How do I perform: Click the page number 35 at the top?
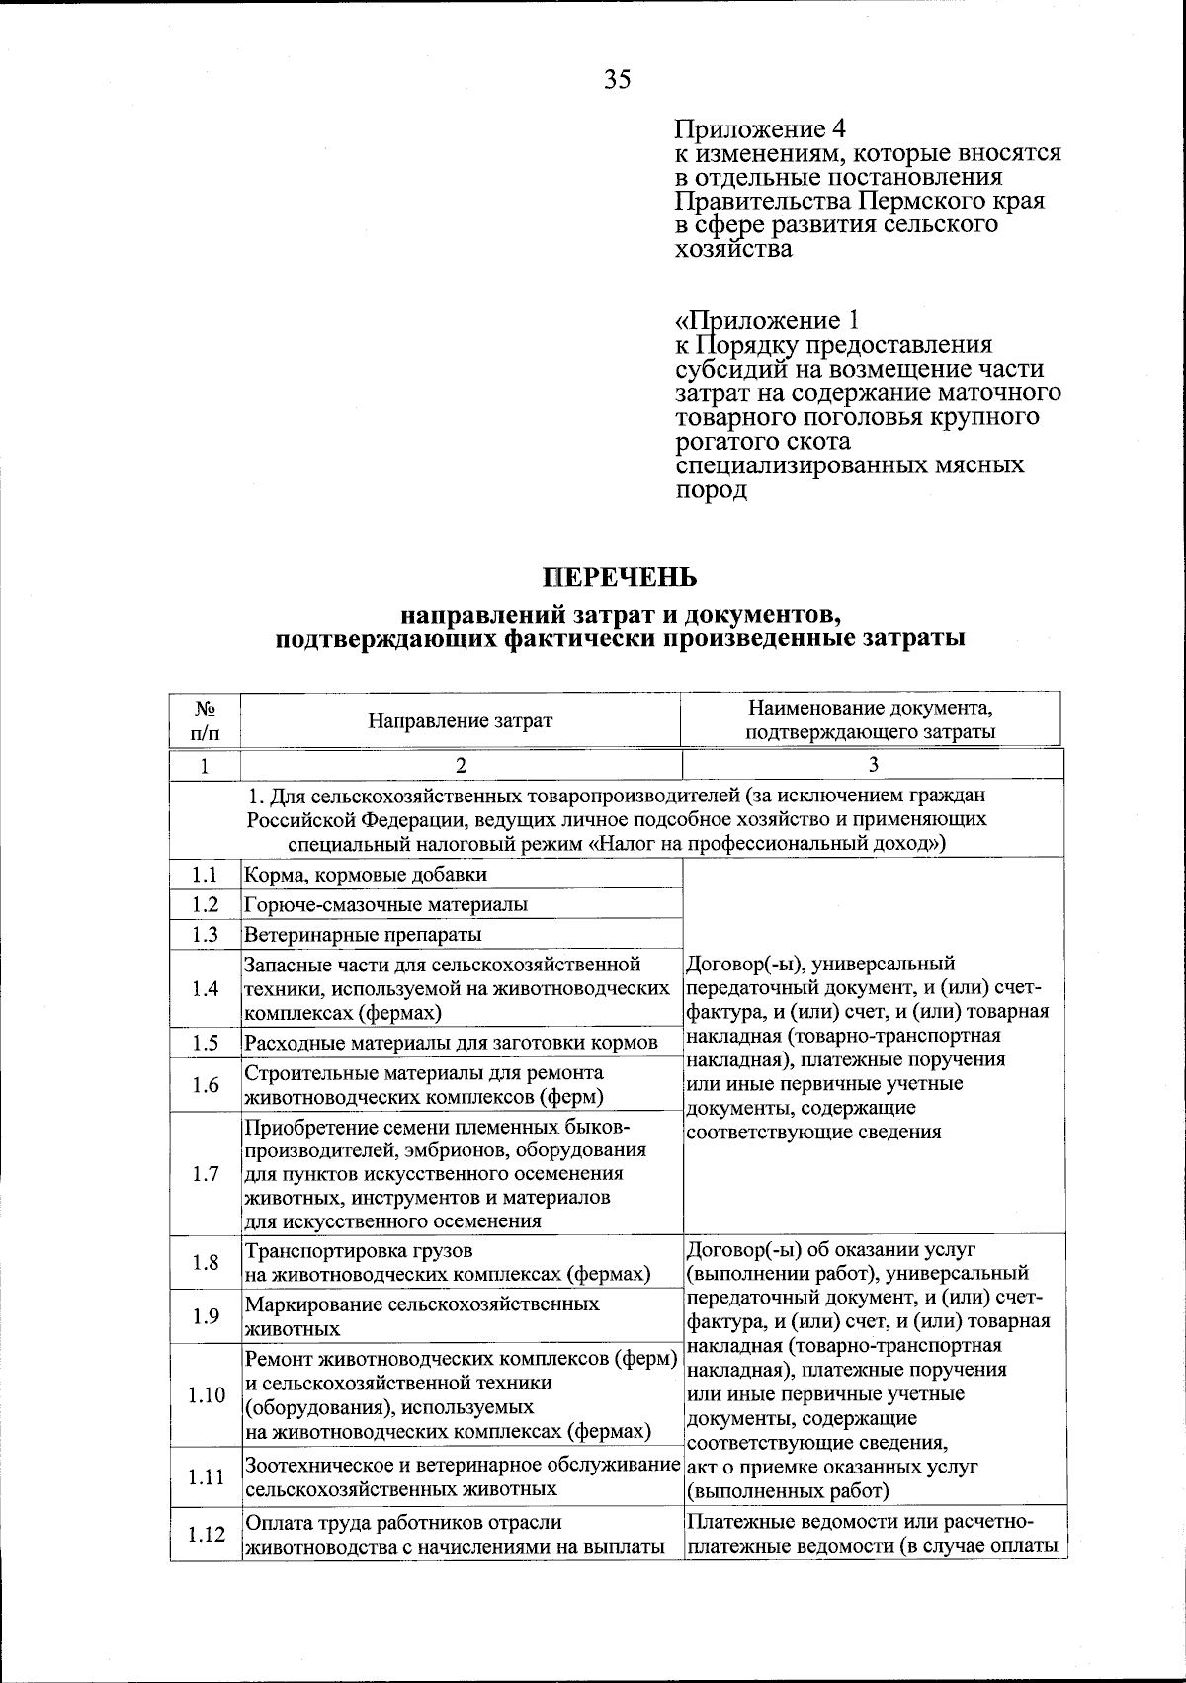click(617, 79)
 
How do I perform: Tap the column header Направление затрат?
click(460, 720)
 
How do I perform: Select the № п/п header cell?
click(205, 720)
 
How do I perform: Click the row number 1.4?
click(206, 988)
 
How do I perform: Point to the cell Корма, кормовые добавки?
click(366, 875)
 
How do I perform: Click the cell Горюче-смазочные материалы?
click(385, 904)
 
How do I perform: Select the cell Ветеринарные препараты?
click(363, 934)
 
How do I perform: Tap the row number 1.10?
click(206, 1394)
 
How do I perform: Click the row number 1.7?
click(206, 1174)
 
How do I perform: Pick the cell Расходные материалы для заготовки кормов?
click(451, 1043)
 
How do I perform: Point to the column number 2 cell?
click(460, 764)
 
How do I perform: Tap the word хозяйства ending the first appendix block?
click(733, 249)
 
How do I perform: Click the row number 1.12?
click(206, 1534)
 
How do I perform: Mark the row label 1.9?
click(206, 1315)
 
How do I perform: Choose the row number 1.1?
click(206, 875)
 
